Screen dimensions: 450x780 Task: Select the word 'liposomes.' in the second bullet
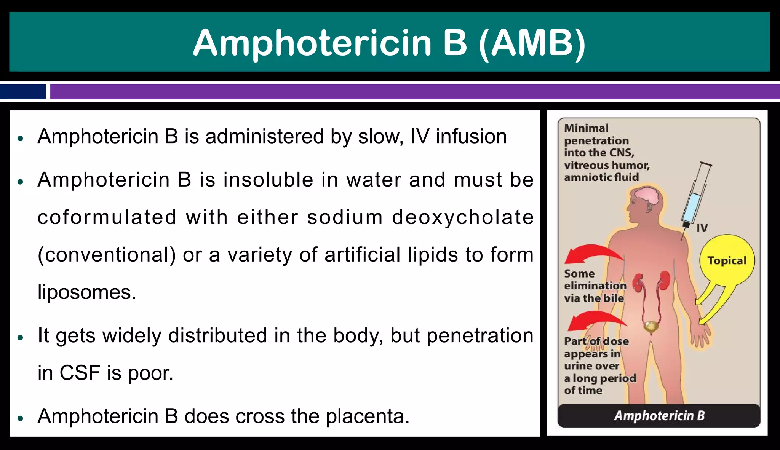[x=87, y=292]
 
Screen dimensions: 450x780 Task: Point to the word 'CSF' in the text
[x=80, y=373]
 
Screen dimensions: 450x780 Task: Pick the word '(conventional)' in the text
[x=107, y=255]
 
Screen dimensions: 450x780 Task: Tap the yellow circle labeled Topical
[x=727, y=260]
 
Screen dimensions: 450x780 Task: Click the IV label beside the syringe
[x=702, y=228]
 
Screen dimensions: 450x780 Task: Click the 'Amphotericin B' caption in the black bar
[x=659, y=416]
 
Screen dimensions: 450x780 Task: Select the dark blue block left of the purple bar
[x=23, y=92]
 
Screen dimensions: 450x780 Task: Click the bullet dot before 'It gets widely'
[x=21, y=337]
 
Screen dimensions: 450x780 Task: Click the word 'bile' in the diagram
[x=614, y=298]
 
